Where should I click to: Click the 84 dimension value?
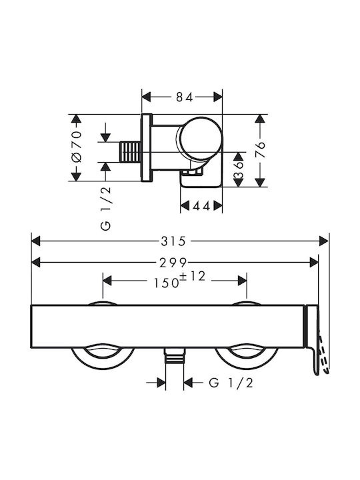click(185, 97)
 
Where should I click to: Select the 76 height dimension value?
click(260, 149)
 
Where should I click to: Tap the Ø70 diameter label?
click(76, 147)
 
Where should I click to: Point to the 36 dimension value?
click(239, 170)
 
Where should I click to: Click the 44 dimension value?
click(201, 206)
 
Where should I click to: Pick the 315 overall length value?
click(173, 241)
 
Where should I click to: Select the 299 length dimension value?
click(173, 263)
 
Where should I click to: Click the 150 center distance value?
click(166, 283)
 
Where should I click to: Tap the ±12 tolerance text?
click(192, 276)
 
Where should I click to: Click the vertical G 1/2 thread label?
click(105, 209)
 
